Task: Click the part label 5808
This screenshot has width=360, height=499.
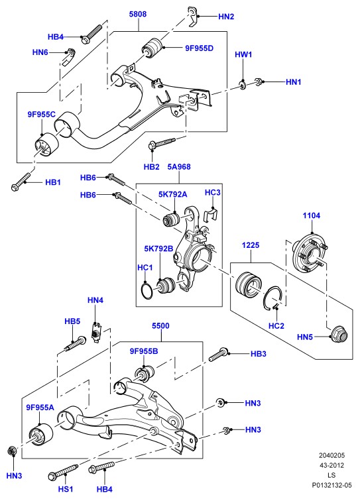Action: [138, 14]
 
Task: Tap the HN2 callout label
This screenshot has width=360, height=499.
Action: [226, 17]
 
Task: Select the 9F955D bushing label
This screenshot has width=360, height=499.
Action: [200, 48]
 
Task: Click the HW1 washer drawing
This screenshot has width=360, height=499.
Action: [243, 85]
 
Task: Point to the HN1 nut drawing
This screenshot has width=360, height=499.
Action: [259, 82]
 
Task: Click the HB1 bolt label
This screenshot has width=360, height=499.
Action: [53, 182]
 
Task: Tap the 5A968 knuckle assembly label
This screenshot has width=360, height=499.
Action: [179, 166]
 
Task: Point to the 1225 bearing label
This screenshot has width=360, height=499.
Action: [251, 245]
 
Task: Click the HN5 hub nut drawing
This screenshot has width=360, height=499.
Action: [339, 334]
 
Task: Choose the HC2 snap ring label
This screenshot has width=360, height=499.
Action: [276, 325]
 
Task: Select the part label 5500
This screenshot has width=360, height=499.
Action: [160, 325]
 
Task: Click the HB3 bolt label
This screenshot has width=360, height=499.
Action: [258, 354]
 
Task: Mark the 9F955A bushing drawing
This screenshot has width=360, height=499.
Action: [40, 435]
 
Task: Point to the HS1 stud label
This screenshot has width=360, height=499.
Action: [65, 488]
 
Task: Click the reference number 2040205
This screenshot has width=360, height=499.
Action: [332, 455]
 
